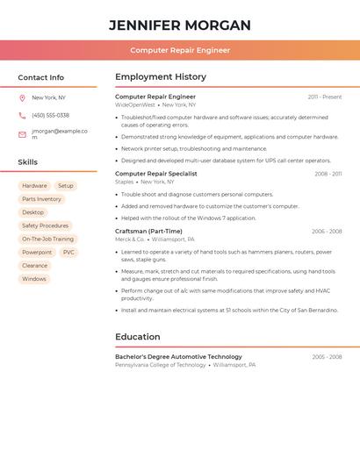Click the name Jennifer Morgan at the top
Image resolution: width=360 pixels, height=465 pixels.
(180, 25)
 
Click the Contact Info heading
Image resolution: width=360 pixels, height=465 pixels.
(40, 77)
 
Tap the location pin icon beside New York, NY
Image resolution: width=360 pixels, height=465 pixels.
(22, 97)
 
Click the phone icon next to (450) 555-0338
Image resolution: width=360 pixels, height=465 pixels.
(22, 115)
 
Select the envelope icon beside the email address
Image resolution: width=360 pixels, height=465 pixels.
(22, 134)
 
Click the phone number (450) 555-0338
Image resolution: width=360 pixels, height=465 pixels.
(50, 115)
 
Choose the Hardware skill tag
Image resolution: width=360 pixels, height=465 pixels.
(34, 186)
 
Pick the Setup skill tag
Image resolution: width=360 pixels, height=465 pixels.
(66, 186)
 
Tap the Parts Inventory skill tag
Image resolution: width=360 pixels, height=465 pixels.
(41, 199)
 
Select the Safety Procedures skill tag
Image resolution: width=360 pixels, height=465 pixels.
(45, 225)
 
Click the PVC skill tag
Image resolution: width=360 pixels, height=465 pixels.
(68, 252)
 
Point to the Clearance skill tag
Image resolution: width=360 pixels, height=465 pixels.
(34, 265)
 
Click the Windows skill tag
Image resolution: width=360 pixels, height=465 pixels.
(34, 279)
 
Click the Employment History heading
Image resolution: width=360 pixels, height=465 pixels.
(161, 77)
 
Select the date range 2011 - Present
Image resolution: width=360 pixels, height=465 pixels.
(325, 97)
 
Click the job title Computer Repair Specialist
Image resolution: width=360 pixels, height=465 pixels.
(156, 174)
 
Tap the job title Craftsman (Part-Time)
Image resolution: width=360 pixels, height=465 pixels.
(148, 232)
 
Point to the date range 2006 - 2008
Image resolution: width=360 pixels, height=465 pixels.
(327, 232)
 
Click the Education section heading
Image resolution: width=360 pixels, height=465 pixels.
(138, 337)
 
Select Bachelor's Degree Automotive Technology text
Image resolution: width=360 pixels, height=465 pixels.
(178, 357)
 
